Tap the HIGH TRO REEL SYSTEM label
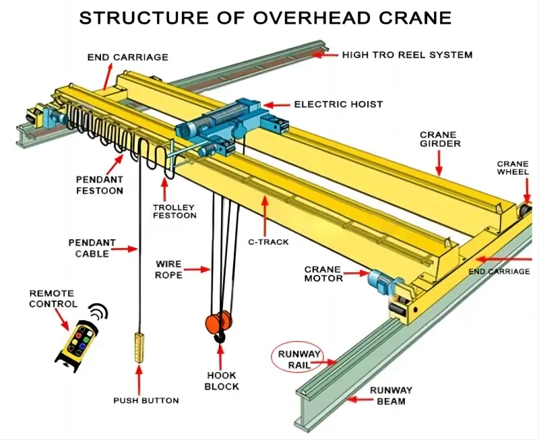click(408, 55)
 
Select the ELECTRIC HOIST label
click(338, 104)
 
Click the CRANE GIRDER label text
click(438, 139)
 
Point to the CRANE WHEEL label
click(513, 168)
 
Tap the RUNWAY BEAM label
click(391, 396)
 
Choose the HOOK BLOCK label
click(222, 381)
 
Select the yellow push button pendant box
click(139, 346)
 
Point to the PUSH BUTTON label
click(146, 400)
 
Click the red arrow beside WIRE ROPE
click(198, 270)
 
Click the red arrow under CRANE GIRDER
click(439, 162)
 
